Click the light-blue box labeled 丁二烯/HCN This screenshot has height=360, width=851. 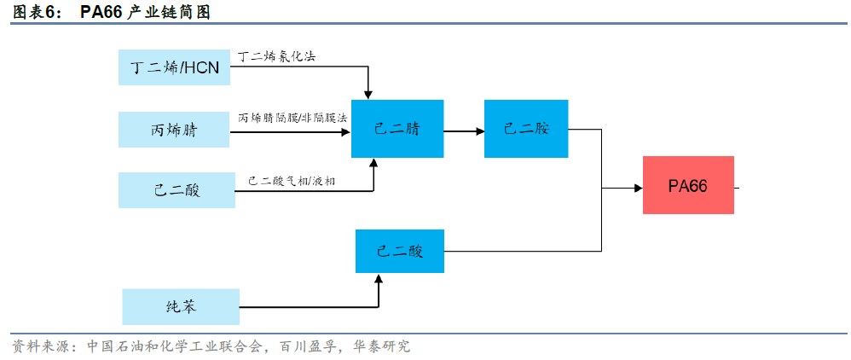(175, 67)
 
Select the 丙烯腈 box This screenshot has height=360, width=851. (175, 130)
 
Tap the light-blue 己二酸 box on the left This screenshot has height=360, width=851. (177, 189)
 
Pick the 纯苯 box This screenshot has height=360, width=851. (181, 306)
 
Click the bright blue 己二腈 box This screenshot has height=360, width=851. (397, 129)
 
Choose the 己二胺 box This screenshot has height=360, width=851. (526, 129)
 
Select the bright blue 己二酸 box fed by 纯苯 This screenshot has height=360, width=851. (400, 252)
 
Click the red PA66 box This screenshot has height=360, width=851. (688, 186)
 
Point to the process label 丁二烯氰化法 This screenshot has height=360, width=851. (280, 56)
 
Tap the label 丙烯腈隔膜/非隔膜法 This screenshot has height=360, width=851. (292, 117)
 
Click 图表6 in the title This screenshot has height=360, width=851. (38, 11)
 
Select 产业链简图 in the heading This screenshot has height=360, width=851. (168, 11)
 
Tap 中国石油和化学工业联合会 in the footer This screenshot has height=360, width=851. (176, 346)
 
